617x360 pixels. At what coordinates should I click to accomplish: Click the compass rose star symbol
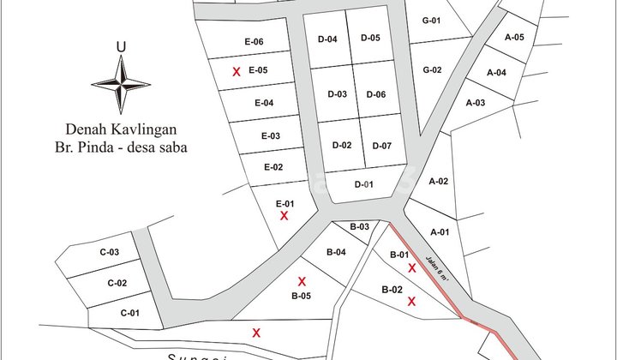pos(121,83)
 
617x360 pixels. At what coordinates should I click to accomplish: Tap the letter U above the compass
pos(121,47)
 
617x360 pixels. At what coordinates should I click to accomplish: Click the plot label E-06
pos(254,42)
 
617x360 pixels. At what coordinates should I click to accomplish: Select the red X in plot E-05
pos(237,72)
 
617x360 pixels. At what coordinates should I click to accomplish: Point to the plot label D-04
pos(327,39)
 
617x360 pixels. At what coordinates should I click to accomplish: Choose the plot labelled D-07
pos(381,146)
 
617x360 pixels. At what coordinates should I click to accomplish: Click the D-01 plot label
pos(364,184)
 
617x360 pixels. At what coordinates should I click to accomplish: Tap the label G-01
pos(431,21)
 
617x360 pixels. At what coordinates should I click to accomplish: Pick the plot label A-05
pos(515,38)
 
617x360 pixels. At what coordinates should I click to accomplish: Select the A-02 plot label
pos(439,181)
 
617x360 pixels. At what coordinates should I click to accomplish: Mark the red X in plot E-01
pos(285,216)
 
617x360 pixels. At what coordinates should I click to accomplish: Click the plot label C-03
pos(108,252)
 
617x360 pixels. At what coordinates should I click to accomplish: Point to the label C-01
pos(129,312)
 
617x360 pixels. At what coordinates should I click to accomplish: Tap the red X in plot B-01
pos(412,268)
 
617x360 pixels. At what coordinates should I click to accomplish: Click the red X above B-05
pos(302,281)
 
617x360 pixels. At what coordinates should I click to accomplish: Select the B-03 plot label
pos(359,226)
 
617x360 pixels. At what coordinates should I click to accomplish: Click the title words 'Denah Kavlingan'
pos(126,129)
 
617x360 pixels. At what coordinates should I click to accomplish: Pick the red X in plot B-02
pos(412,301)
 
